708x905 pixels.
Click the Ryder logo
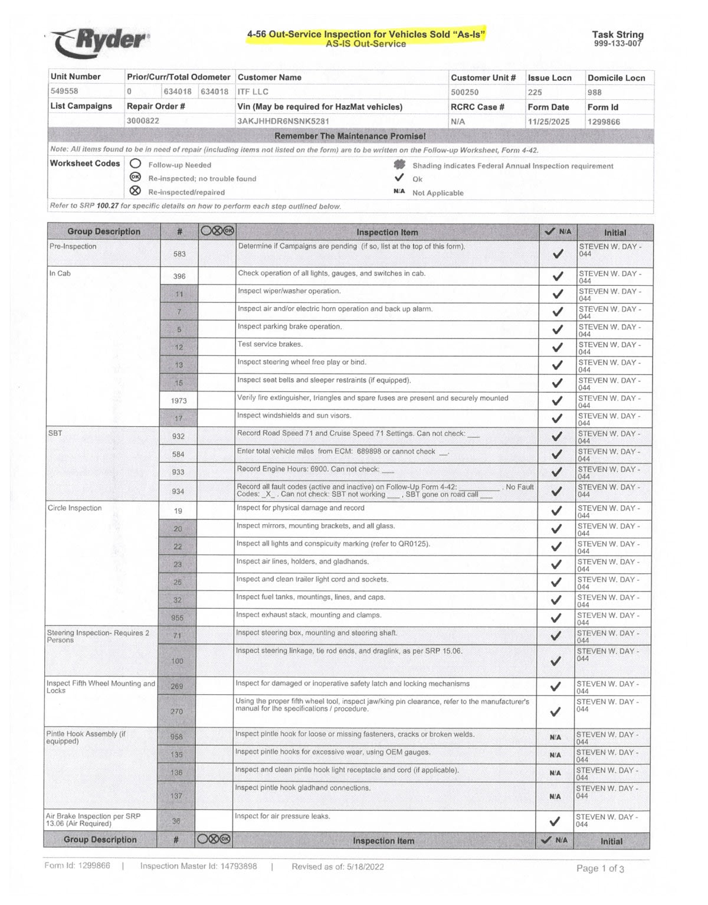[100, 42]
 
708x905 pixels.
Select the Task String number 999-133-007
[617, 44]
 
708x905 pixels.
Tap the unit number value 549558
[64, 92]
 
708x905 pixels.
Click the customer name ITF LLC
[253, 92]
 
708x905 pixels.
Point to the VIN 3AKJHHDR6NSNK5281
[283, 122]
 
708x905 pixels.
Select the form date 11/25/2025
[548, 122]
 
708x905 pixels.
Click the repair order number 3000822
[143, 121]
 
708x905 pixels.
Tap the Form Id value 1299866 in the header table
[604, 122]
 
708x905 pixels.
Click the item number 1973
[179, 401]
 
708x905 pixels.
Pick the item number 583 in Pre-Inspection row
[179, 254]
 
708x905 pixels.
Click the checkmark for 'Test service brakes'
[557, 347]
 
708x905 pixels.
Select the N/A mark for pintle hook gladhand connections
[555, 796]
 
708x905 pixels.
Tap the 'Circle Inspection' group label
[74, 508]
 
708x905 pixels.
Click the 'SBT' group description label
[55, 433]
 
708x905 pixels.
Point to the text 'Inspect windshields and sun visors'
[294, 416]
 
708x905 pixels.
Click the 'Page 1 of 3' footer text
[600, 868]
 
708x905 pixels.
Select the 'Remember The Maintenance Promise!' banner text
[350, 136]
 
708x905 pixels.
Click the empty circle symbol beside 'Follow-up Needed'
[136, 164]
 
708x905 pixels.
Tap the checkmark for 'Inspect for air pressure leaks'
[555, 821]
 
